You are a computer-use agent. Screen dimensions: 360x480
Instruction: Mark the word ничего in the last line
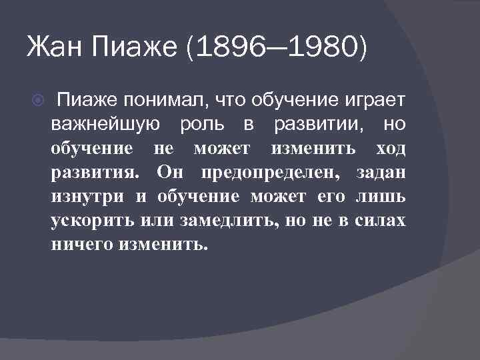[x=80, y=245]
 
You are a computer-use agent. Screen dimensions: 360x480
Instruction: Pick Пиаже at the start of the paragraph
[x=79, y=101]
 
